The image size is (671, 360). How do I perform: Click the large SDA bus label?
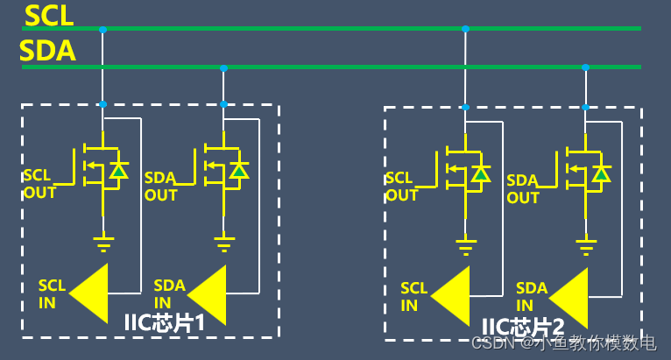tap(48, 51)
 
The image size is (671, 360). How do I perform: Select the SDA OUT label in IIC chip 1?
tap(160, 186)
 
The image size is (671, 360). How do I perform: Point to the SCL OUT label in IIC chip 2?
tap(402, 187)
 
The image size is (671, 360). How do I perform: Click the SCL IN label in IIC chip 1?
tap(52, 293)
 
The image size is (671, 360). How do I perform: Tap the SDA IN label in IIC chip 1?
tap(169, 293)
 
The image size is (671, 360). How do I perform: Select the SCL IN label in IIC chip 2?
tap(414, 296)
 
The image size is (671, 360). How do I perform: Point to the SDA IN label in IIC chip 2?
tap(531, 296)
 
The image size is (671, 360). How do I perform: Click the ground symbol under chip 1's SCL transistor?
tap(102, 236)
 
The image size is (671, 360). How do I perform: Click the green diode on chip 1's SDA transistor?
tap(237, 171)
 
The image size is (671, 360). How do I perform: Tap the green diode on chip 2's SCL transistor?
tap(480, 174)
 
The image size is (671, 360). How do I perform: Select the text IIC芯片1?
tap(166, 322)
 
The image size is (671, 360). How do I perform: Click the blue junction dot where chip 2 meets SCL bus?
tap(465, 29)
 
